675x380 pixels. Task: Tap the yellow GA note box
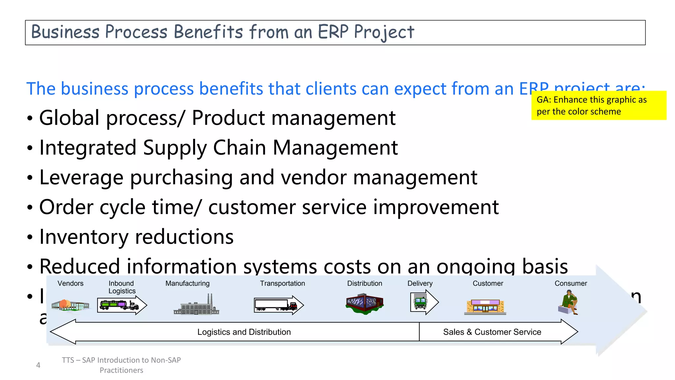598,105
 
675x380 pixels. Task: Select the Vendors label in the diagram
70,283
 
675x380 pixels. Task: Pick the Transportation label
282,283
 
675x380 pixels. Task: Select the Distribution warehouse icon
365,303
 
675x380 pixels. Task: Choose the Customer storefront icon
485,306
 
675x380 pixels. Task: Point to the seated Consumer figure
569,302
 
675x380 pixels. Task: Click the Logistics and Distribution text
244,332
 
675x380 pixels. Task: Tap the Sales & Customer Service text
492,332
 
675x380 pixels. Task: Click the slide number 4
38,365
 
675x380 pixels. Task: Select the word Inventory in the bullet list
84,237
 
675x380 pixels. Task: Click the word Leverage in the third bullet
81,177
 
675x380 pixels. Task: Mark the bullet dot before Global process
30,118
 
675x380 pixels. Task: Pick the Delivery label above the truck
420,283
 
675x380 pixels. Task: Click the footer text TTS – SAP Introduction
121,360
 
